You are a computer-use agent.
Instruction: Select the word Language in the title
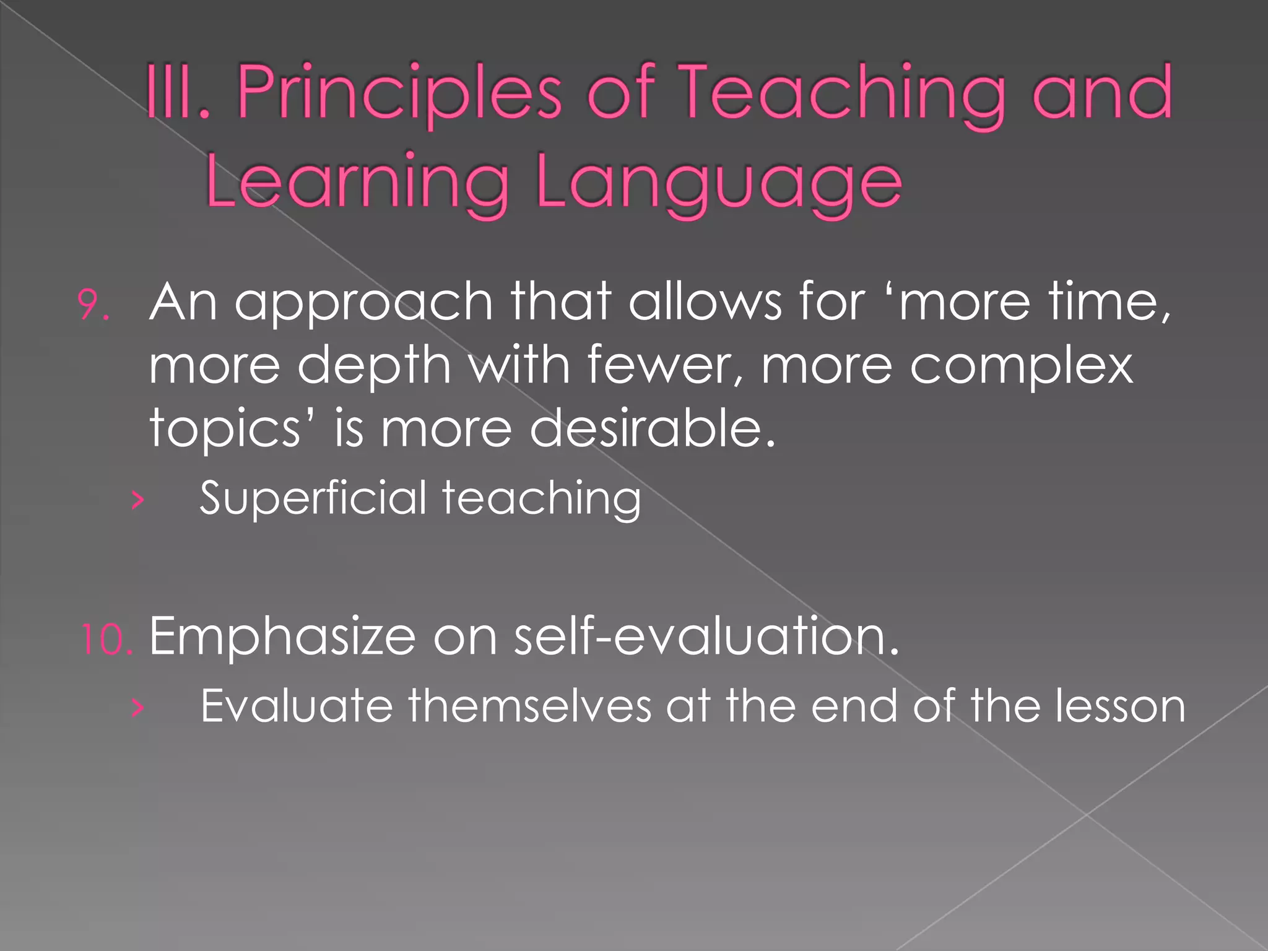click(x=718, y=183)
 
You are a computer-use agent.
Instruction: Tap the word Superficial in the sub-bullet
click(x=313, y=498)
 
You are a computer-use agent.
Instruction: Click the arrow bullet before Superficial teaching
click(x=137, y=500)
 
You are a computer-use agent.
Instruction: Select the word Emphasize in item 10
click(x=282, y=637)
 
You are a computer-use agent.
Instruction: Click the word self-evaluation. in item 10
click(x=706, y=636)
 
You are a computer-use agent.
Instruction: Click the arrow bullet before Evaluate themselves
click(x=137, y=708)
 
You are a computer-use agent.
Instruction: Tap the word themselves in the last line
click(x=529, y=706)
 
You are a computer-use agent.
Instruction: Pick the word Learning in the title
click(x=357, y=182)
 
